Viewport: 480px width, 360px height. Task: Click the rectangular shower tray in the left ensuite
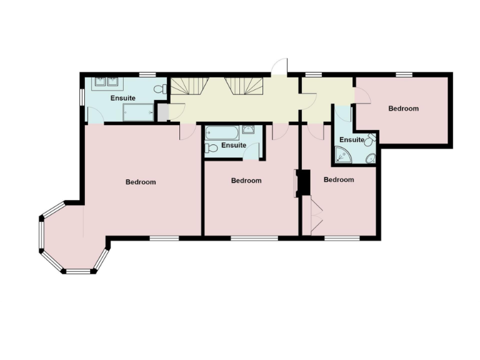click(x=137, y=112)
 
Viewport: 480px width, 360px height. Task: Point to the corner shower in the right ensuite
click(x=342, y=154)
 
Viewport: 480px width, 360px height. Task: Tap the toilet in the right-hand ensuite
click(x=370, y=141)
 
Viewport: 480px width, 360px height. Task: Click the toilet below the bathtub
click(x=211, y=147)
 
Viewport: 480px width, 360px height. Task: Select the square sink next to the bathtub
click(x=247, y=130)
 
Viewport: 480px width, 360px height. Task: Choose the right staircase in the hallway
click(x=246, y=86)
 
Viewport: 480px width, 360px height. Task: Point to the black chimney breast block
click(x=304, y=182)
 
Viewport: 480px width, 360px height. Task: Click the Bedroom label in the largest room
click(x=141, y=182)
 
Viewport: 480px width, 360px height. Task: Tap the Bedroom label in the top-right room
click(x=403, y=109)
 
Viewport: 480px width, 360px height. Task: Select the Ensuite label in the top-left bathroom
click(x=122, y=99)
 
